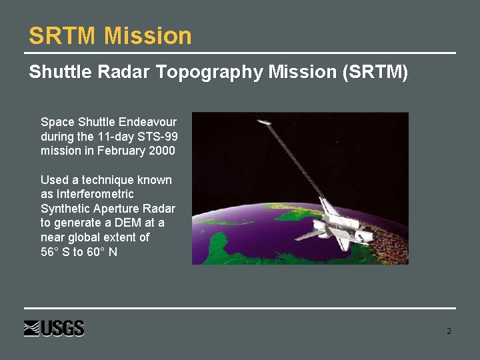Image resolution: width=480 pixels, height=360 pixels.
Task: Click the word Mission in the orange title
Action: pos(148,36)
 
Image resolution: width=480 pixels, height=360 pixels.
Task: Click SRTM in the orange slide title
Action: pos(64,36)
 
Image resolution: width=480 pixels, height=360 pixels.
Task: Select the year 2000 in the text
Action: pos(161,151)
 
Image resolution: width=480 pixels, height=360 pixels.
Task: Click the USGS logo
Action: pos(54,329)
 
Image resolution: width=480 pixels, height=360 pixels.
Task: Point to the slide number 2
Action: pos(449,331)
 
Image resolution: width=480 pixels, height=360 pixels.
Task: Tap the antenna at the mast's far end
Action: pos(264,122)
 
